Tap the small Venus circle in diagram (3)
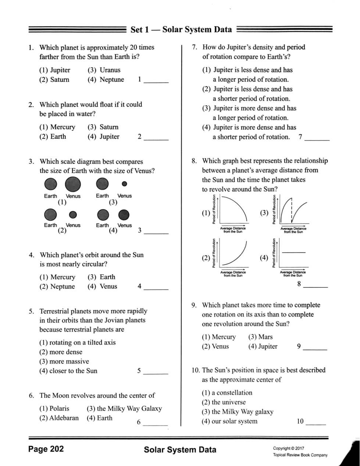[x=124, y=183]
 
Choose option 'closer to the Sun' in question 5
[x=68, y=371]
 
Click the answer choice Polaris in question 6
[x=54, y=409]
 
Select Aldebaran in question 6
[x=58, y=418]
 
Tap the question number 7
[x=195, y=47]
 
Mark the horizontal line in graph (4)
[x=294, y=252]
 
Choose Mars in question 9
[x=261, y=337]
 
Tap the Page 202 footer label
[x=46, y=449]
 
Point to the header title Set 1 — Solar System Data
[x=181, y=29]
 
